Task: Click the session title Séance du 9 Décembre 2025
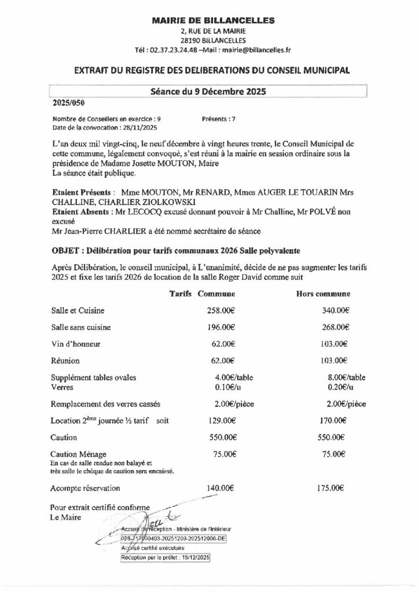(208, 91)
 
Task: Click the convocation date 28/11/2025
(143, 127)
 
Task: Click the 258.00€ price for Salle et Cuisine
(220, 310)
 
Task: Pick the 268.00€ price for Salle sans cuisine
(335, 327)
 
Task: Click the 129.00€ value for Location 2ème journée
(220, 420)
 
